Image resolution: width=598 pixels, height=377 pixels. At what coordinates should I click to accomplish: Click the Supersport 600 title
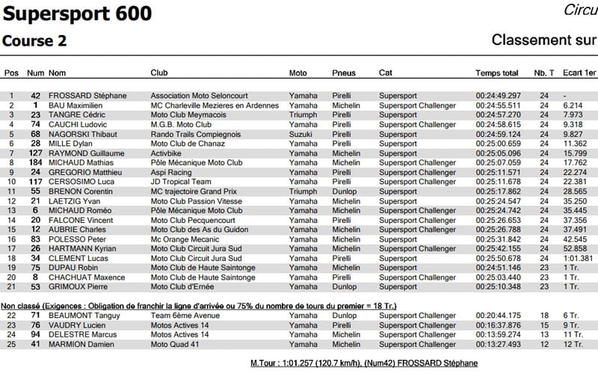pos(78,13)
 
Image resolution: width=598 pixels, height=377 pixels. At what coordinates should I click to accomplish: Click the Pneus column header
pos(344,73)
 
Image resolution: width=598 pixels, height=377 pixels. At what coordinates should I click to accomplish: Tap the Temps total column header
pos(497,73)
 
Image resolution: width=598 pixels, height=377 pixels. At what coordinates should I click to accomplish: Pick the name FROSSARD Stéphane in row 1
pos(87,96)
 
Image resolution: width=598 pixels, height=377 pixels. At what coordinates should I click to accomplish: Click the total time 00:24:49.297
pos(498,96)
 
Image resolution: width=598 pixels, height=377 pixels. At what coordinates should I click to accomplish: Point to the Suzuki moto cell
pos(301,134)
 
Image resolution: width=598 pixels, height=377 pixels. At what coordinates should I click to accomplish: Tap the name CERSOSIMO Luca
pos(82,182)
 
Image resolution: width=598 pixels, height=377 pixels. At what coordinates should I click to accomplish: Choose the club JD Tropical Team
pos(182,182)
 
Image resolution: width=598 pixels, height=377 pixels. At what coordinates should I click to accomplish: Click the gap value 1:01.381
pos(579,258)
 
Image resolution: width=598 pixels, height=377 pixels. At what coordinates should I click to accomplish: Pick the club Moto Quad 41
pos(175,344)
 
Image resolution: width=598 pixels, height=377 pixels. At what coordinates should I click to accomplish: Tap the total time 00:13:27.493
pos(498,344)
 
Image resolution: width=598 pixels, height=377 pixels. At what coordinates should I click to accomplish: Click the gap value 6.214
pos(573,105)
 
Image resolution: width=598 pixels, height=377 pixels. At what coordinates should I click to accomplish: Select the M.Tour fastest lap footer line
pos(364,364)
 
